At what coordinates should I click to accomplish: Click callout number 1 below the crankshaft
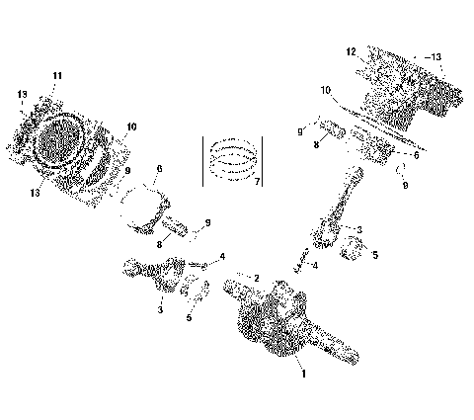tap(303, 375)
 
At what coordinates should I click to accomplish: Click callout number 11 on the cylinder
tap(57, 76)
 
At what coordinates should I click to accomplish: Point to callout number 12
tap(351, 50)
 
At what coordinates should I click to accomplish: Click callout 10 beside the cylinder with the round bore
tap(133, 127)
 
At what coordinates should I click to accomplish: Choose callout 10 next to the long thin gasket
tap(325, 90)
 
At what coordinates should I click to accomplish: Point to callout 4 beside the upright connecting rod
tap(314, 265)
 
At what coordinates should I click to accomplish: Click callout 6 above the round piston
tap(158, 169)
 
